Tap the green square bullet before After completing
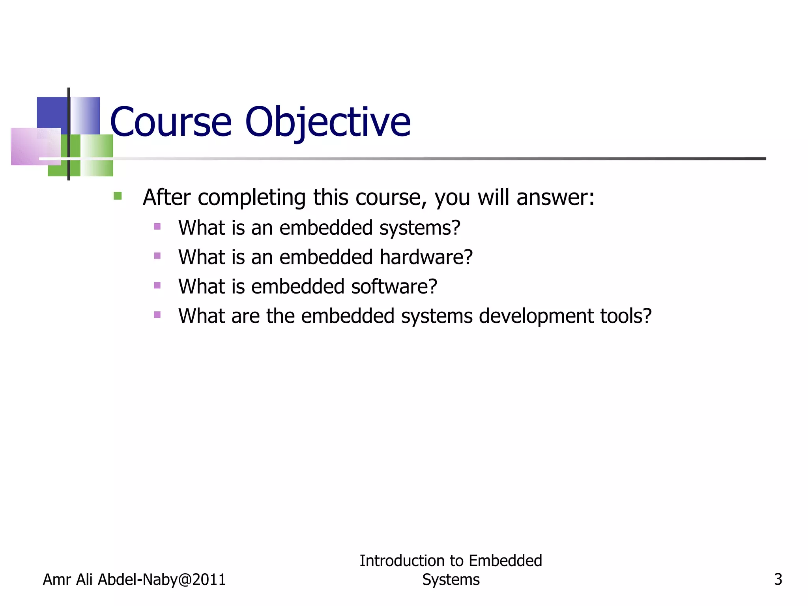118,196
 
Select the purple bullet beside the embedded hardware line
157,256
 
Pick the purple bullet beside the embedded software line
157,285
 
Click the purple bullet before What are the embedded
157,314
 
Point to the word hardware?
426,257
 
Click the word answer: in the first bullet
555,198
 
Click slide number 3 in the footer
778,580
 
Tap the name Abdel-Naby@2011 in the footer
162,580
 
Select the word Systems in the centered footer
451,580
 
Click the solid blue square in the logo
52,113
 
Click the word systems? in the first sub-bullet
420,228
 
